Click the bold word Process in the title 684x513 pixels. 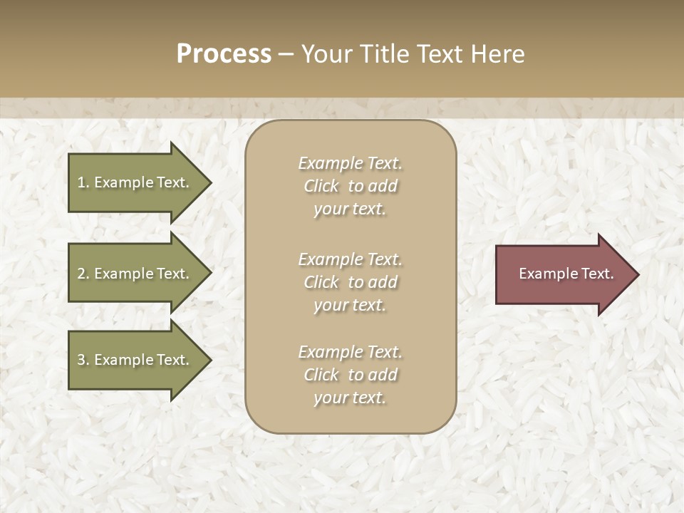click(x=224, y=54)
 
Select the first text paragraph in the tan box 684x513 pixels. click(x=350, y=186)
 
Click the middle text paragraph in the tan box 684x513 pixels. click(x=350, y=282)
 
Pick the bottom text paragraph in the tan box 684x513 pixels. click(x=350, y=375)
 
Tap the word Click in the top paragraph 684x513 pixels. click(x=321, y=186)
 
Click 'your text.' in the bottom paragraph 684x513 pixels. click(x=350, y=398)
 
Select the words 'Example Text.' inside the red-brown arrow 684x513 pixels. click(x=566, y=274)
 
